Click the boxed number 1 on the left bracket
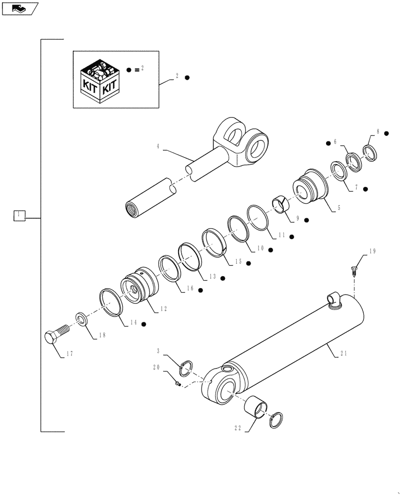coord(18,215)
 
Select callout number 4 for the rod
coord(158,146)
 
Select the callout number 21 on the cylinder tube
coord(345,354)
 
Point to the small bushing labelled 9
coord(279,204)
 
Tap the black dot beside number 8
coord(387,133)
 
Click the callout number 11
coord(281,236)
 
